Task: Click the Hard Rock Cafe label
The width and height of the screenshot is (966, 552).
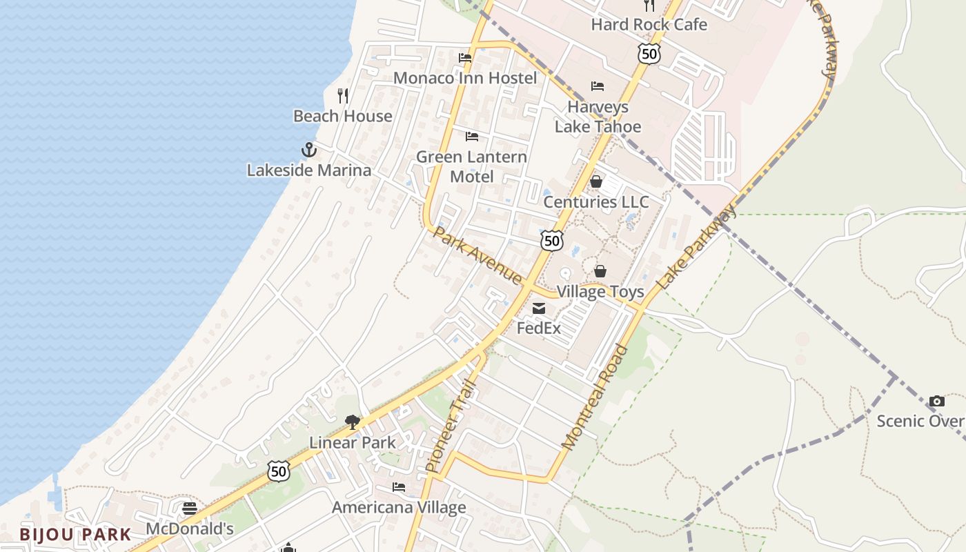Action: [x=649, y=25]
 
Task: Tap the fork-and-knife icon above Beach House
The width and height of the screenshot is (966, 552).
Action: [x=343, y=95]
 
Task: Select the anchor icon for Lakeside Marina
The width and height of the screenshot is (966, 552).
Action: [x=308, y=149]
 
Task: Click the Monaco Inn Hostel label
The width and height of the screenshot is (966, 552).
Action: [x=464, y=78]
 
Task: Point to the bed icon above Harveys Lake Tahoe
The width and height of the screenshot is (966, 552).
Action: [x=598, y=86]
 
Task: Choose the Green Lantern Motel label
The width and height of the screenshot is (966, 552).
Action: [x=471, y=167]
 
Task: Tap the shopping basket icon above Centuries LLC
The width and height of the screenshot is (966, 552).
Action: [x=596, y=181]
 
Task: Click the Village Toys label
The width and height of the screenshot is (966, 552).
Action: [x=600, y=291]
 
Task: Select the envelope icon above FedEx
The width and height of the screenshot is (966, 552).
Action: [x=539, y=308]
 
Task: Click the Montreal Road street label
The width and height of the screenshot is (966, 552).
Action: [x=595, y=397]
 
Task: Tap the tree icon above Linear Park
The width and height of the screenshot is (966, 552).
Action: [x=353, y=422]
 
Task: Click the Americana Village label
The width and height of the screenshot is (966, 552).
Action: [x=399, y=508]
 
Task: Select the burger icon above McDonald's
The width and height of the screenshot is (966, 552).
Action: [x=190, y=509]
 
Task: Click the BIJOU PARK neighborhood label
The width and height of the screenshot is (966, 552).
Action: [x=75, y=534]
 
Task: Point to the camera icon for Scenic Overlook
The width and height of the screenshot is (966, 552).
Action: [x=936, y=401]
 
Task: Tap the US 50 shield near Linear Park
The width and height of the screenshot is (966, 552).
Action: [x=279, y=472]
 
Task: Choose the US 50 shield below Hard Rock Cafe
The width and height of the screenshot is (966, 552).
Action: [x=649, y=54]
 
